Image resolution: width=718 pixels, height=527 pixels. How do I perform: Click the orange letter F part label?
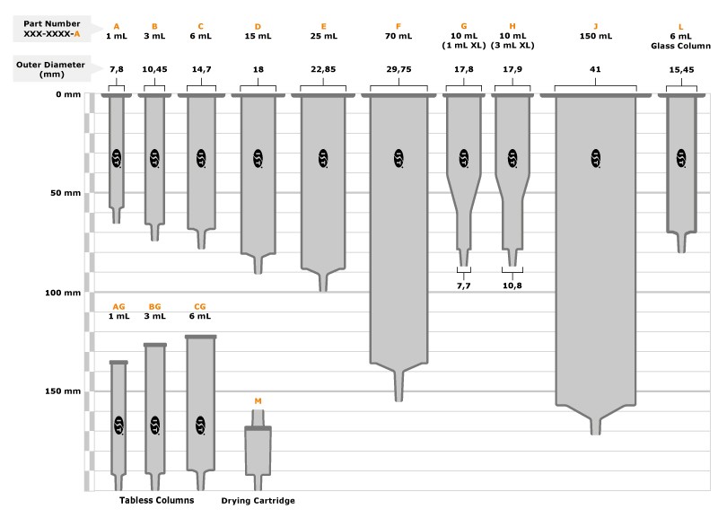pyautogui.click(x=398, y=27)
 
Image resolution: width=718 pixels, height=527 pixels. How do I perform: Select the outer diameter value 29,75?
pyautogui.click(x=398, y=69)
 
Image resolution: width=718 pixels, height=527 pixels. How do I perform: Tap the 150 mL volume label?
pyautogui.click(x=595, y=36)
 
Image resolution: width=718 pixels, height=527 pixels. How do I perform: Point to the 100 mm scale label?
pyautogui.click(x=63, y=293)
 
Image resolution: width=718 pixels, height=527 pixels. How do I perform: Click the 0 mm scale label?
pyautogui.click(x=68, y=94)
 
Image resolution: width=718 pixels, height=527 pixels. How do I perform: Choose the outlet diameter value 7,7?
pyautogui.click(x=463, y=285)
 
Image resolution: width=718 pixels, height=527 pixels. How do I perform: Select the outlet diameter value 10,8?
pyautogui.click(x=512, y=285)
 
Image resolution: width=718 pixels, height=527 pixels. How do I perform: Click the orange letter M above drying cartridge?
pyautogui.click(x=258, y=401)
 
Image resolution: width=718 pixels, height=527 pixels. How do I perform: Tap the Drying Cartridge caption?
pyautogui.click(x=258, y=500)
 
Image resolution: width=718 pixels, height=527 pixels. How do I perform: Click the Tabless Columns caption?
pyautogui.click(x=156, y=500)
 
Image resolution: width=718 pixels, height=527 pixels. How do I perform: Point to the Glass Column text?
pyautogui.click(x=681, y=46)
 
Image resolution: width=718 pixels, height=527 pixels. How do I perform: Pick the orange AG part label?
pyautogui.click(x=118, y=306)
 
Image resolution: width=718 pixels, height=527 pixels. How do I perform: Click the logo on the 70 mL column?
pyautogui.click(x=398, y=158)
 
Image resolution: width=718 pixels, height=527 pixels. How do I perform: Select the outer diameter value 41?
pyautogui.click(x=595, y=69)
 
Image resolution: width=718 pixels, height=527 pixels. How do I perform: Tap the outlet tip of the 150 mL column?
pyautogui.click(x=595, y=433)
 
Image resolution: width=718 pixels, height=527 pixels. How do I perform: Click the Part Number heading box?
pyautogui.click(x=52, y=29)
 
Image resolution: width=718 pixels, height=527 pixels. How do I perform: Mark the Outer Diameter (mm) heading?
pyautogui.click(x=51, y=69)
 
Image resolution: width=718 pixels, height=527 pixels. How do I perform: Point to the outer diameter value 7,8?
pyautogui.click(x=117, y=69)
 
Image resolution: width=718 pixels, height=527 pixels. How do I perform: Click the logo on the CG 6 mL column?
pyautogui.click(x=200, y=425)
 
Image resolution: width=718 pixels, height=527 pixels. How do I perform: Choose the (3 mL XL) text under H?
pyautogui.click(x=512, y=45)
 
